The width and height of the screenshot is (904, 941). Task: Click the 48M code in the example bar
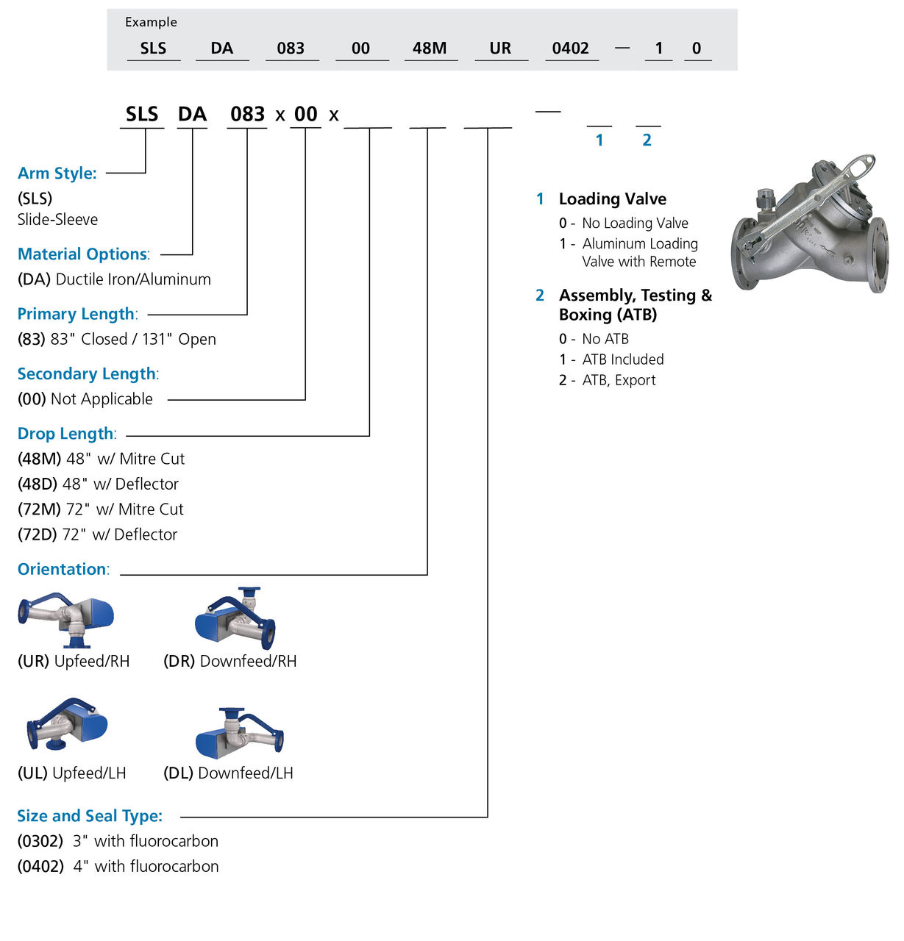coord(430,49)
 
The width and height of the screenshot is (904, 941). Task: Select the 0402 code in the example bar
coord(570,49)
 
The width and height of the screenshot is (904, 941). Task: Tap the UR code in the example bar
coord(500,49)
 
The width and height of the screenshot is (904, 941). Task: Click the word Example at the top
coord(151,22)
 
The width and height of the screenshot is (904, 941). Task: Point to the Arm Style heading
coord(57,173)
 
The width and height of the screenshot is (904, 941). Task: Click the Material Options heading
coord(83,254)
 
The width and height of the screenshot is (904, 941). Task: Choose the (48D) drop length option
coord(37,484)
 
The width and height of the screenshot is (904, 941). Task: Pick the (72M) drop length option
coord(38,509)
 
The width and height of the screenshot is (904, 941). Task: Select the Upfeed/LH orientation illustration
coord(67,724)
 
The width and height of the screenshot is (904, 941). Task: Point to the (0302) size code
coord(40,841)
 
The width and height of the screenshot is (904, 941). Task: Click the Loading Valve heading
coord(612,199)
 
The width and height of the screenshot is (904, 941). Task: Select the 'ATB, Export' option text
coord(619,380)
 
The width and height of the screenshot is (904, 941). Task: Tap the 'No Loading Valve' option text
coord(635,223)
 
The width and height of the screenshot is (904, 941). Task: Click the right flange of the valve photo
coord(878,255)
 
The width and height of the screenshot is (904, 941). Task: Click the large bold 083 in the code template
coord(247,115)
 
